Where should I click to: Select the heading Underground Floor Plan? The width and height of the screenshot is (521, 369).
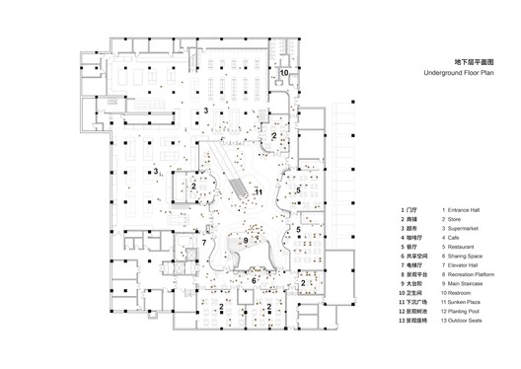pos(456,74)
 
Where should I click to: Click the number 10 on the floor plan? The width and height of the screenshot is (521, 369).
pos(283,73)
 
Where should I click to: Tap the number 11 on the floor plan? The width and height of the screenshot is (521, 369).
pos(259,190)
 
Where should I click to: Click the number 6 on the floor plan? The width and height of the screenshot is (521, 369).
pos(254,281)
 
